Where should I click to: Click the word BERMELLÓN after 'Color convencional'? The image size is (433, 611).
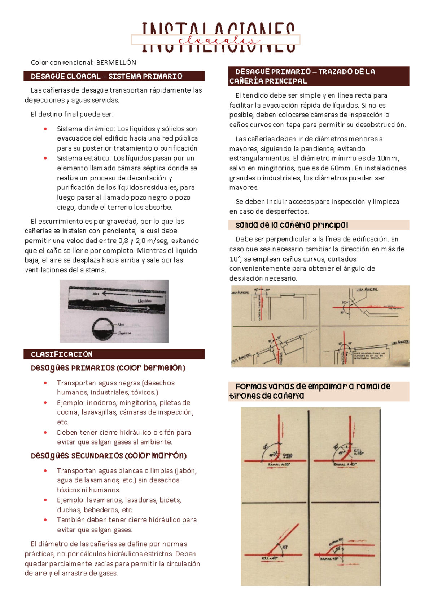point(116,62)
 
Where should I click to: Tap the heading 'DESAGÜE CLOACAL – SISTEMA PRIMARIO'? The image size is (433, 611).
point(106,76)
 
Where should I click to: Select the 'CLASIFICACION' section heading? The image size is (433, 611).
point(62,354)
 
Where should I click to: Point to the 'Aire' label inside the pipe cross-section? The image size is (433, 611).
point(121,324)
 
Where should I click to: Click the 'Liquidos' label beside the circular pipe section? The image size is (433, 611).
point(124,333)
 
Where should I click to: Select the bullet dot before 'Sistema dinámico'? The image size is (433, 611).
point(45,129)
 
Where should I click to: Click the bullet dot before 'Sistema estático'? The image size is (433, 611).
point(45,158)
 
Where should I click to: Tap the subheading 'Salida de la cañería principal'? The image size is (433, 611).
point(292,225)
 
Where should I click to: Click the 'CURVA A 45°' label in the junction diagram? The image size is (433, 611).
point(288,455)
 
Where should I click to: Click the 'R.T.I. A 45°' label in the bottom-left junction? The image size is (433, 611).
point(270,558)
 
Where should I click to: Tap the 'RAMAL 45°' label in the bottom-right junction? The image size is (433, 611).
point(329,559)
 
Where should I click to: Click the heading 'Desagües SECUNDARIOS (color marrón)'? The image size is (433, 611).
point(109,456)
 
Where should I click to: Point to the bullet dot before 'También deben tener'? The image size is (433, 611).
point(45,520)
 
